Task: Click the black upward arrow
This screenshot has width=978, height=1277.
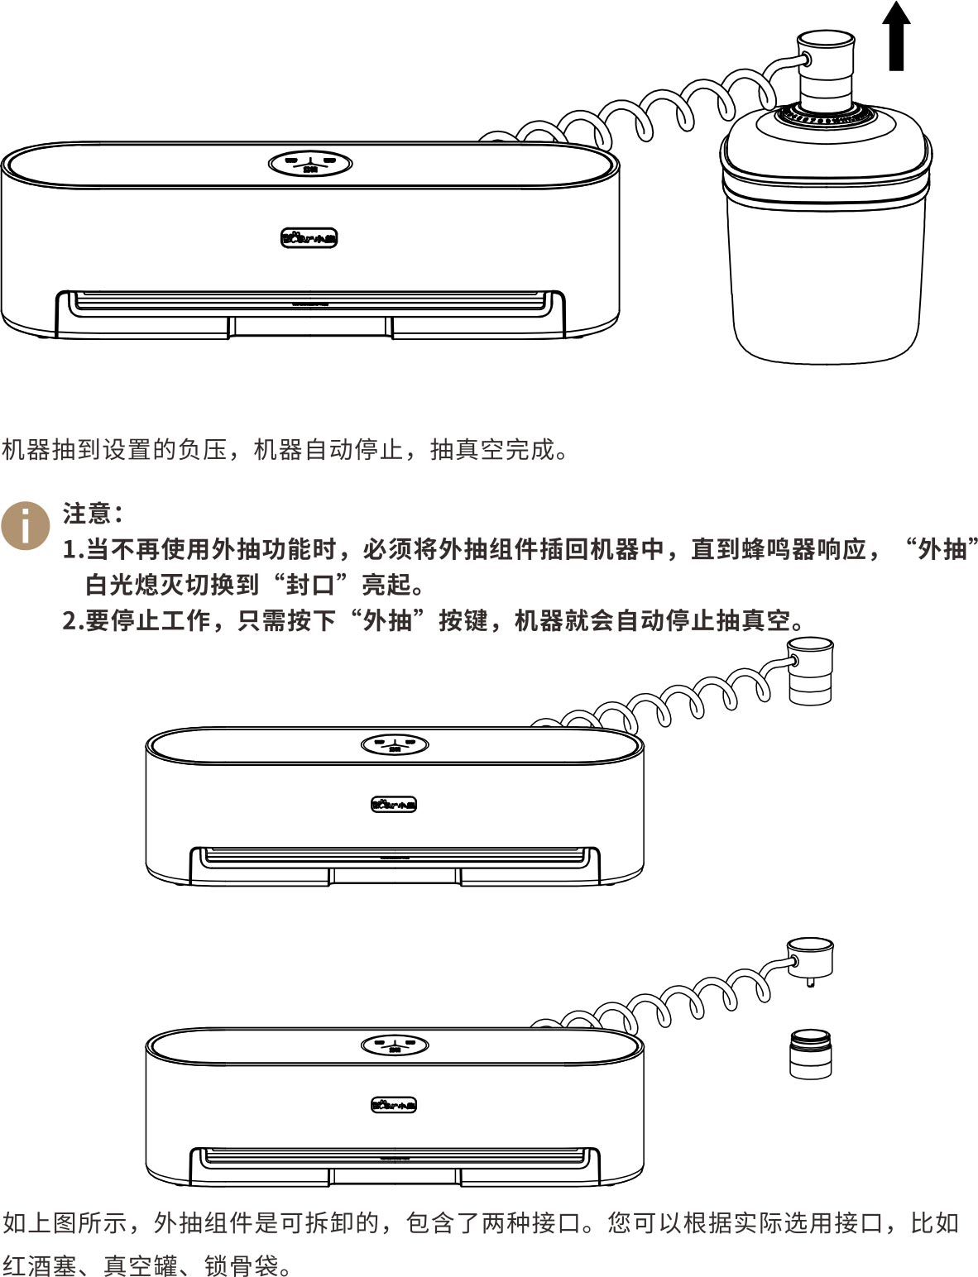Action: point(896,36)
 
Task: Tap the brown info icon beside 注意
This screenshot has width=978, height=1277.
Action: point(25,526)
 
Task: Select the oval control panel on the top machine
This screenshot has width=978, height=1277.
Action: point(310,164)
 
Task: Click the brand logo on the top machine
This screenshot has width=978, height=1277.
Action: point(309,238)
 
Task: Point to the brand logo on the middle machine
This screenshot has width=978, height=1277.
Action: point(394,805)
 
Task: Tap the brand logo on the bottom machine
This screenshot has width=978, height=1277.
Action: point(394,1106)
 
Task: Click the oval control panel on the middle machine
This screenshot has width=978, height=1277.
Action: point(395,744)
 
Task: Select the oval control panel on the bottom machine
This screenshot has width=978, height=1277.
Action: point(395,1045)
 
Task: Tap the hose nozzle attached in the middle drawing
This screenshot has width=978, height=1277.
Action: point(810,671)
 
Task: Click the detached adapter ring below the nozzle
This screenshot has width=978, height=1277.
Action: point(811,1055)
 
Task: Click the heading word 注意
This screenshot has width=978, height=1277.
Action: point(87,513)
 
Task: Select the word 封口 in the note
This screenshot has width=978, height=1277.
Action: point(309,584)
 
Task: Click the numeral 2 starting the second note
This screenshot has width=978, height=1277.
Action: point(70,620)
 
